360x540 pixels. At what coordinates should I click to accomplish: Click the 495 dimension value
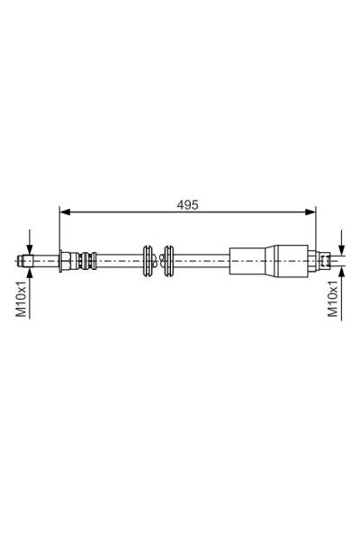187,204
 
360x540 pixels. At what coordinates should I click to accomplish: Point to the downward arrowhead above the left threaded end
29,250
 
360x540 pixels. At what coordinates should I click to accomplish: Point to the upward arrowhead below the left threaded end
29,273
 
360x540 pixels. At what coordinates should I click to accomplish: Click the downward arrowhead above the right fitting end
340,249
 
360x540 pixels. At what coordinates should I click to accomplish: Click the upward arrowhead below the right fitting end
340,273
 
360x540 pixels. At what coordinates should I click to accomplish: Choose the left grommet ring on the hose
148,261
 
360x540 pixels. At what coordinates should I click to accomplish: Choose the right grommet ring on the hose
167,261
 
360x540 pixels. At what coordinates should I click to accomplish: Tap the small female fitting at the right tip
327,261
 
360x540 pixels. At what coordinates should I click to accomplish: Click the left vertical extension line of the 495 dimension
59,229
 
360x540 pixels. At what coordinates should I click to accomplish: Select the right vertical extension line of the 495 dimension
317,229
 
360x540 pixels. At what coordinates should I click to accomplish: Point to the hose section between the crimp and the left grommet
117,261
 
